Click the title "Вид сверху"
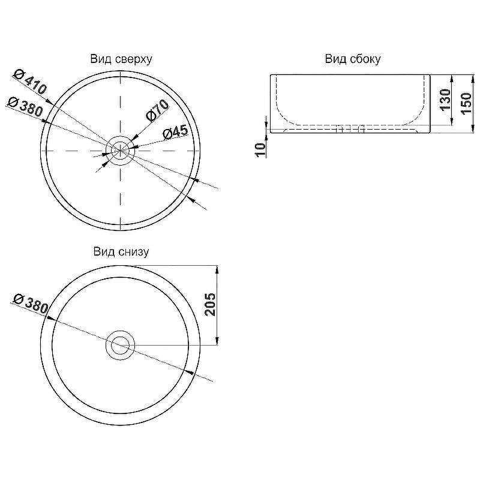[x=121, y=59]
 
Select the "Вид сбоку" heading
[x=353, y=59]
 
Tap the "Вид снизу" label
[x=121, y=252]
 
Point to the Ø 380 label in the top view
[x=25, y=107]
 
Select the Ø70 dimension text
[x=157, y=110]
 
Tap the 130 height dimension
[x=445, y=100]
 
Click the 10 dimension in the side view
[x=260, y=150]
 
